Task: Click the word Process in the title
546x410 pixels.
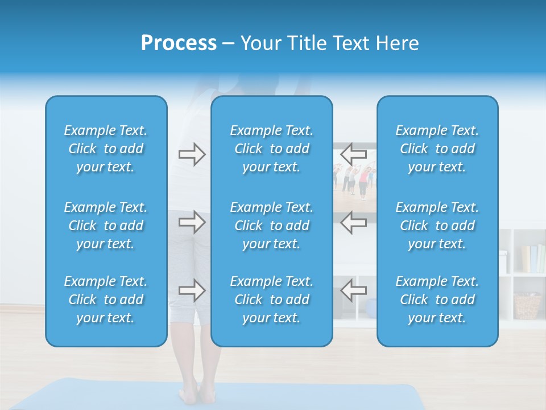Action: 179,43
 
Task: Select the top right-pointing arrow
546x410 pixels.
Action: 192,154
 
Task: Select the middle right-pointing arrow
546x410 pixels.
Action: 192,222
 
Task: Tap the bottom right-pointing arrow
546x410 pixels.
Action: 192,290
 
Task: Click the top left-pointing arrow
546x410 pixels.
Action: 354,154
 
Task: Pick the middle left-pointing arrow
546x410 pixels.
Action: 354,222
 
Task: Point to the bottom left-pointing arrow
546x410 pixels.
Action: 354,290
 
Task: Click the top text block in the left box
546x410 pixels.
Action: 106,149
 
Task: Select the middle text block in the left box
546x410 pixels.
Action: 106,225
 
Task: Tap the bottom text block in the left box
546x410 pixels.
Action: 106,300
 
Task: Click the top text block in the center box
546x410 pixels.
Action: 271,149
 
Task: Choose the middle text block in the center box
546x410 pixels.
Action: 271,225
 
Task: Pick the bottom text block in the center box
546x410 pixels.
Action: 271,300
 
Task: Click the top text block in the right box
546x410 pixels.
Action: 437,149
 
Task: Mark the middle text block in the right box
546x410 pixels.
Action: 437,225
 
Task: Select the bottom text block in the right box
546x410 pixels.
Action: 437,300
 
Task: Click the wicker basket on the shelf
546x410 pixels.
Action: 527,306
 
